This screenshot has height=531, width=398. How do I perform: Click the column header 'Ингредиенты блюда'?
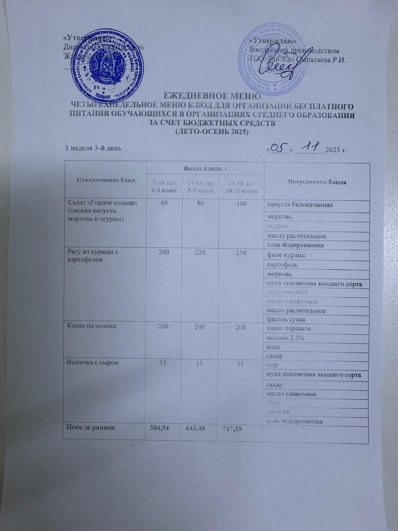[x=317, y=183]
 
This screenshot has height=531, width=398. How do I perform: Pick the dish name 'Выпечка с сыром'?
[x=90, y=363]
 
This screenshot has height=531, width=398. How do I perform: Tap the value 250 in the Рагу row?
[x=240, y=253]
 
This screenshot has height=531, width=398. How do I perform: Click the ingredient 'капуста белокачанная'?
[x=300, y=205]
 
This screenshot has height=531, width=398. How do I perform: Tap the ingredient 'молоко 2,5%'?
[x=286, y=338]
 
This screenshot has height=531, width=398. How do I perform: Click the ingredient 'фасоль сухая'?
[x=286, y=319]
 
